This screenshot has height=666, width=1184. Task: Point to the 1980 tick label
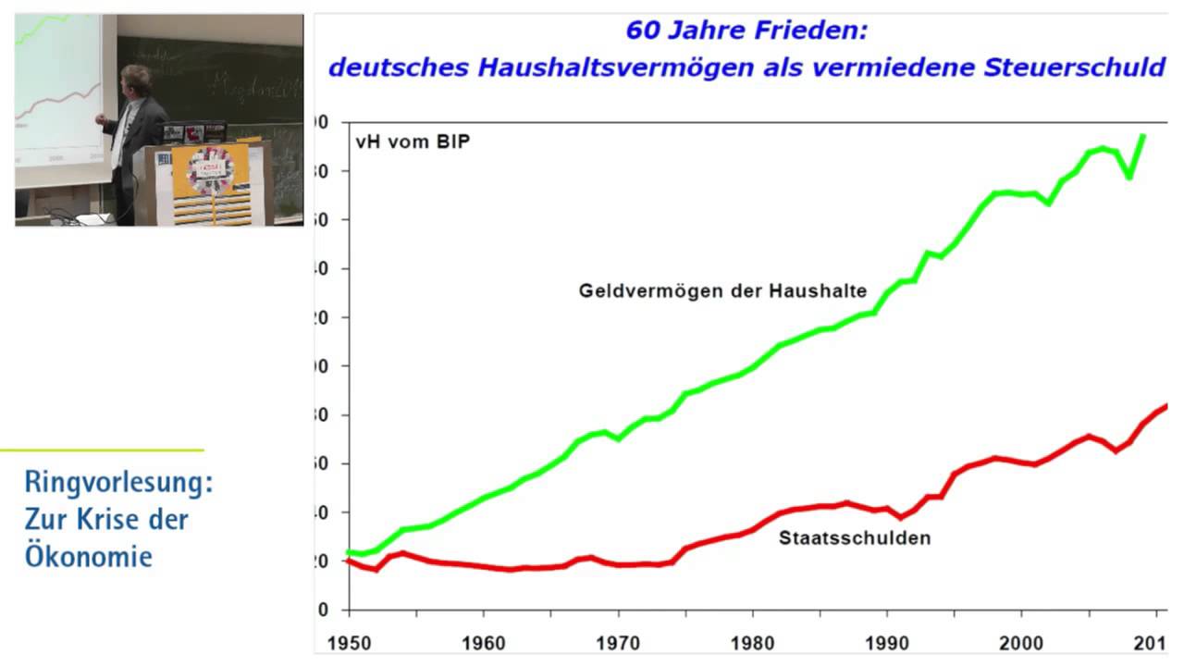click(753, 641)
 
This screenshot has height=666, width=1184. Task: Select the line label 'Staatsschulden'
click(855, 537)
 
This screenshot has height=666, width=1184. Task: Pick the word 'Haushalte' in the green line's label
click(822, 290)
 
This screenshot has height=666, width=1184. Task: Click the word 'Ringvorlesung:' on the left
click(119, 483)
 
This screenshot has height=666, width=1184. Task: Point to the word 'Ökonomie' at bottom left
click(89, 557)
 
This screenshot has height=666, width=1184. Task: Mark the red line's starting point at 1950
click(348, 561)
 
